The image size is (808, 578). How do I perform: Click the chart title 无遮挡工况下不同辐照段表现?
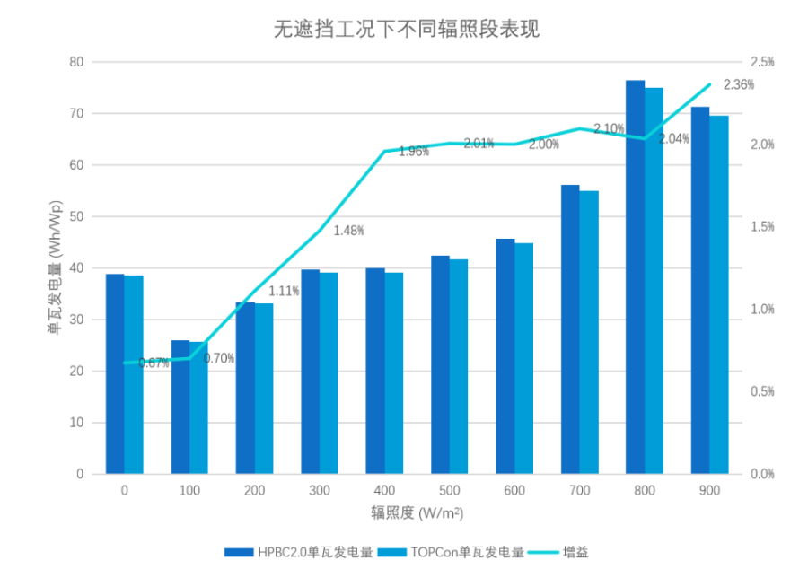406,29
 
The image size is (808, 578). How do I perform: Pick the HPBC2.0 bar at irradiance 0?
115,373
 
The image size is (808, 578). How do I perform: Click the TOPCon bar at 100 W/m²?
198,407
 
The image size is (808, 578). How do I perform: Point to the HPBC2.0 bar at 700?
570,328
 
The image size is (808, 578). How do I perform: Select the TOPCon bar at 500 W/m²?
459,366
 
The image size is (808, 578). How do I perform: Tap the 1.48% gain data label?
348,231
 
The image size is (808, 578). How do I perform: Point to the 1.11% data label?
284,291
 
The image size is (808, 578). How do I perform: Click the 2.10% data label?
609,129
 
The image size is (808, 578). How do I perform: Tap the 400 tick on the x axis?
384,491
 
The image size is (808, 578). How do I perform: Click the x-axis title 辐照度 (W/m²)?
417,512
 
